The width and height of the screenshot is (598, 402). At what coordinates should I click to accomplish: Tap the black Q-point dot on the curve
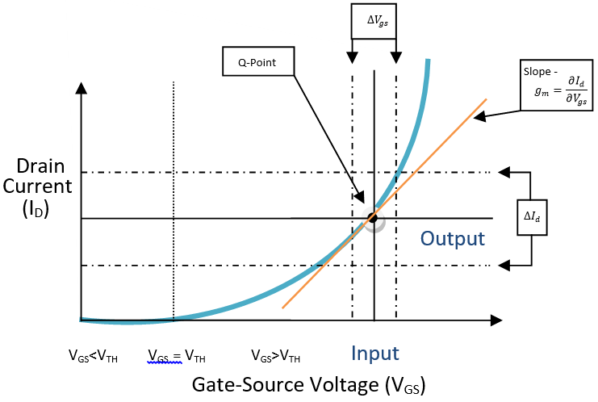(373, 217)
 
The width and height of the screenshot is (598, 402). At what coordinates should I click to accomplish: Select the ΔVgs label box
(374, 22)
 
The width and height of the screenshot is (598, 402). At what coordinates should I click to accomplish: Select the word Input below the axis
(374, 354)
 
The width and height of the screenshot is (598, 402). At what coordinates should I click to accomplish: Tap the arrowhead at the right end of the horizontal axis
(498, 320)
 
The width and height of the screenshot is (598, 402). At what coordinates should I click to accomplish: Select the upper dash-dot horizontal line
(242, 172)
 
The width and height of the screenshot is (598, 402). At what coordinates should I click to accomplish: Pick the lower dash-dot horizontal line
(242, 265)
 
